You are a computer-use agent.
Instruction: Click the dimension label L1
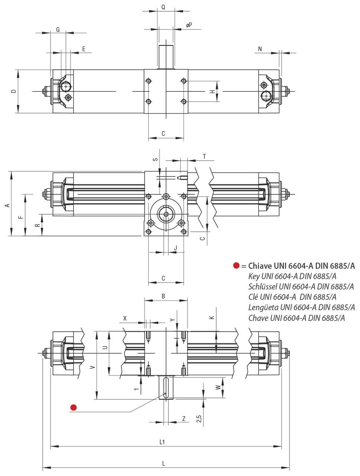coord(162,442)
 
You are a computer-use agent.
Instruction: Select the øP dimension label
coord(189,25)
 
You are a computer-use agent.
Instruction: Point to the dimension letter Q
coord(163,7)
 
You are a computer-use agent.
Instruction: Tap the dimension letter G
coord(58,29)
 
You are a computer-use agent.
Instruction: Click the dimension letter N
coord(260,49)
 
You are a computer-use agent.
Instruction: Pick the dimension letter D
coord(13,91)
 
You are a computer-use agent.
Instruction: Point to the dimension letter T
coord(204,156)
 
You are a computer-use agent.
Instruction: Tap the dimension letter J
coord(175,248)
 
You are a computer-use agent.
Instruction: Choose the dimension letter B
coord(163,296)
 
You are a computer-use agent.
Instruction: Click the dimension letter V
coord(93,367)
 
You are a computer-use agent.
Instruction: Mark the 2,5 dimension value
coord(200,419)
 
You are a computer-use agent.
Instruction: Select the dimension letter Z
coord(184,418)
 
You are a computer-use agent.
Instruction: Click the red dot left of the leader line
coord(73,408)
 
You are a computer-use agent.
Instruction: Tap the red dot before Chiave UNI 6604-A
coord(236,266)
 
